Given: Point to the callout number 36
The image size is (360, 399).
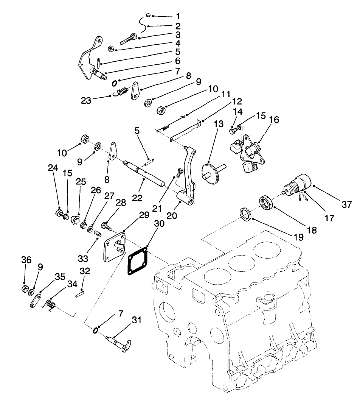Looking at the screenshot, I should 26,260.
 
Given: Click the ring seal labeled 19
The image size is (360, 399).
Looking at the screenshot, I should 246,213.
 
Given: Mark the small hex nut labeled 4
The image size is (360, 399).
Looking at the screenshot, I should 111,48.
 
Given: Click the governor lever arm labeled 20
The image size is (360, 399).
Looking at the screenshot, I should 188,178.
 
